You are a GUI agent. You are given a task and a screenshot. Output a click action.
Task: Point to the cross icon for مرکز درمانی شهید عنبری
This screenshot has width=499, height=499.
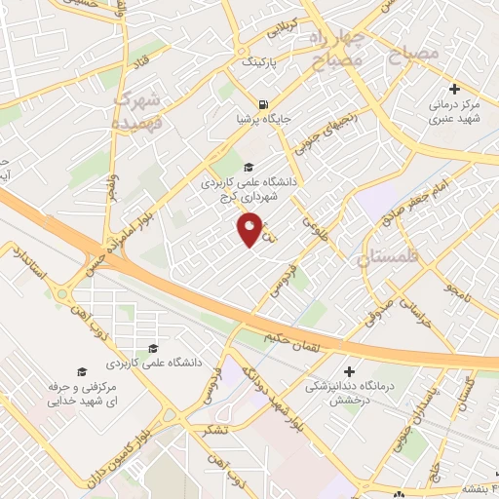pos(454,89)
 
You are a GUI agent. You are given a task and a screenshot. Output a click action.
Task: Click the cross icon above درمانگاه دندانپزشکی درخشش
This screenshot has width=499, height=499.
pos(350,371)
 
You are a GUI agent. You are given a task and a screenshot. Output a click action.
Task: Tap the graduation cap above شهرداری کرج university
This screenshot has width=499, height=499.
pos(249,167)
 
